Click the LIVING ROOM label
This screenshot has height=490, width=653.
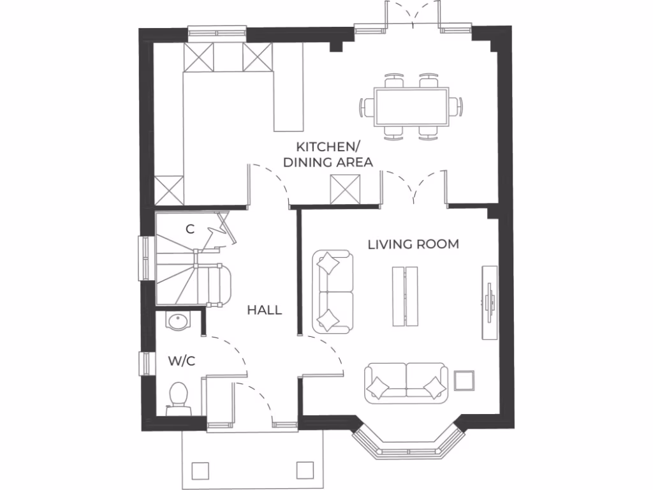[413, 244]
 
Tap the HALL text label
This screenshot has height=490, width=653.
[265, 311]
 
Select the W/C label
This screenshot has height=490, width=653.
[181, 361]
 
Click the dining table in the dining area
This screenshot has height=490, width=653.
[411, 107]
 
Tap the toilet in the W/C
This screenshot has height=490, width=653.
[179, 397]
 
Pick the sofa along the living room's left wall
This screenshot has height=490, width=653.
[333, 292]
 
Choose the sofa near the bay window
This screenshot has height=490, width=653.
[406, 383]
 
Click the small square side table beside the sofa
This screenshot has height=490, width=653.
[464, 380]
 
